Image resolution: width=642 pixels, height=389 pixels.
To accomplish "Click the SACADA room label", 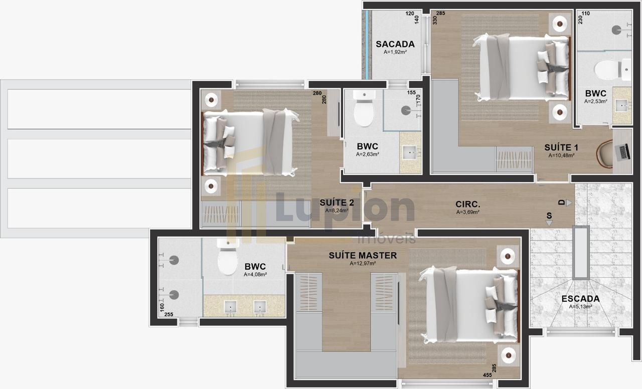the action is point(395,44).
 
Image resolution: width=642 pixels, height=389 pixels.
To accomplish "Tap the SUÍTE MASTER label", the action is point(363,255).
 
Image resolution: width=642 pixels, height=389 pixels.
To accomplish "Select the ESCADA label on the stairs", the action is point(580,299).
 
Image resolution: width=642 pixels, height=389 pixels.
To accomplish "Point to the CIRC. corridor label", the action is point(468,204).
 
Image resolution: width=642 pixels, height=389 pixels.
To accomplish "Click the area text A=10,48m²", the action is point(561,155).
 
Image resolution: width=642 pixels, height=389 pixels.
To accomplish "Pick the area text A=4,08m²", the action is point(255,274).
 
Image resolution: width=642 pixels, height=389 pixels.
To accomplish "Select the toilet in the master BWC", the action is point(228,257).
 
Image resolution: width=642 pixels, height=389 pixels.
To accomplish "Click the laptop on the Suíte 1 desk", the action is point(622,152).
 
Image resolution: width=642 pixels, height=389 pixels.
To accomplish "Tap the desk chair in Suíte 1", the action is point(605,154).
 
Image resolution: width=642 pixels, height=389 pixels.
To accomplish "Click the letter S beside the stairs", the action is point(549,216).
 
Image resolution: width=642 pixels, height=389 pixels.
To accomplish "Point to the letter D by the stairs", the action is point(561,203).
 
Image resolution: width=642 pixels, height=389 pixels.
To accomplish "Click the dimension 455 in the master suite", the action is point(487,375).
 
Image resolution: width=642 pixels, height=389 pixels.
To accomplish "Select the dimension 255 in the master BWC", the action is point(169,314).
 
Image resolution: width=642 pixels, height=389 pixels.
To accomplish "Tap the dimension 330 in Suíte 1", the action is point(435,20).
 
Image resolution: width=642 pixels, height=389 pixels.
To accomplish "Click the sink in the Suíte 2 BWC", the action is point(410,152).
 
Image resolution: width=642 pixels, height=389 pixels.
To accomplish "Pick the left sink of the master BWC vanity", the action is point(231,306).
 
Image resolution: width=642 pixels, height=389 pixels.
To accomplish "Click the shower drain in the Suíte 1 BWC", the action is point(616,30).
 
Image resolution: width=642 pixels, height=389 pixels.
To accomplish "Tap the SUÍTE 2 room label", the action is point(337,203).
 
